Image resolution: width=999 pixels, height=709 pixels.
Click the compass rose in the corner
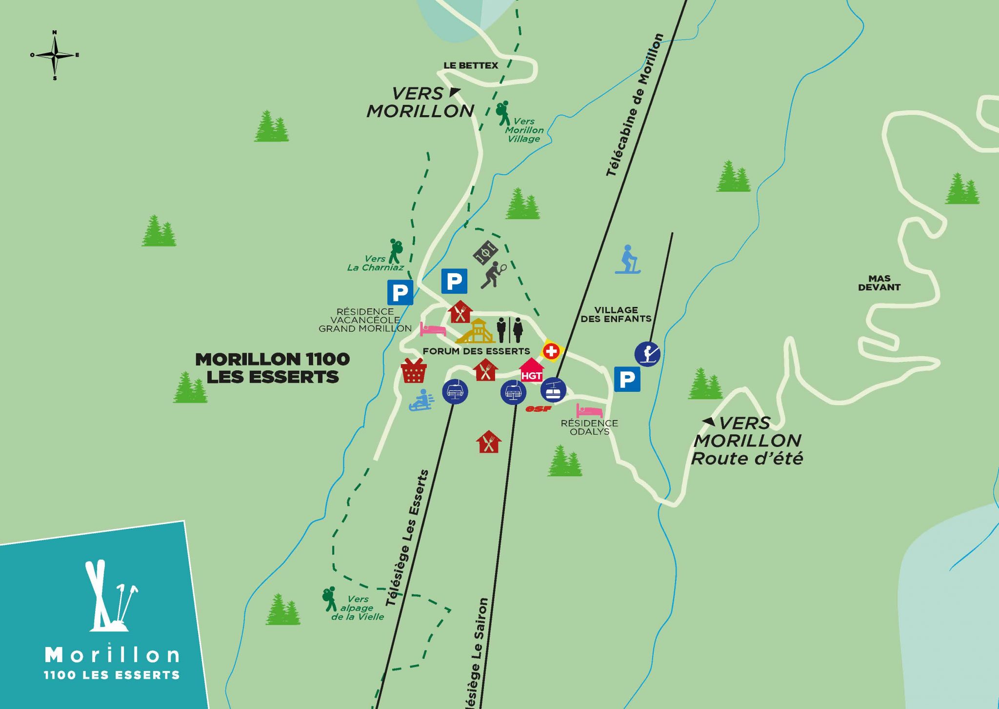click(x=55, y=55)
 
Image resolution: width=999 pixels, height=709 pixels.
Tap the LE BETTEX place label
click(x=471, y=65)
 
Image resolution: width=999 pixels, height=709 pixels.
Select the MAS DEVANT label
click(x=879, y=283)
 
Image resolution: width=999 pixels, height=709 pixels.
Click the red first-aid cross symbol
click(x=551, y=351)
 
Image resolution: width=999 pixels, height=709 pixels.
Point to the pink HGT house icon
click(x=531, y=370)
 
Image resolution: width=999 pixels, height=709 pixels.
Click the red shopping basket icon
click(x=414, y=371)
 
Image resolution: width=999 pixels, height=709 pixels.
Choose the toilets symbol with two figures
click(x=510, y=330)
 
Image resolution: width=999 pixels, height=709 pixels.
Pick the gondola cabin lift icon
click(x=553, y=390)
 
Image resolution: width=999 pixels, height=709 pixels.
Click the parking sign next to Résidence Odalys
click(x=627, y=379)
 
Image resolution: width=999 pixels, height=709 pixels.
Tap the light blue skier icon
click(x=628, y=260)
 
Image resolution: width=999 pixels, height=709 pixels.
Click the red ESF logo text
click(x=538, y=409)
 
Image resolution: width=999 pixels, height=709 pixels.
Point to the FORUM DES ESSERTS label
click(x=476, y=351)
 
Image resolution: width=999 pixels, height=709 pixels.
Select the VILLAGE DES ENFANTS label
click(x=616, y=314)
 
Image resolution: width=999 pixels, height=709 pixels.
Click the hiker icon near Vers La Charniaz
click(x=396, y=251)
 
